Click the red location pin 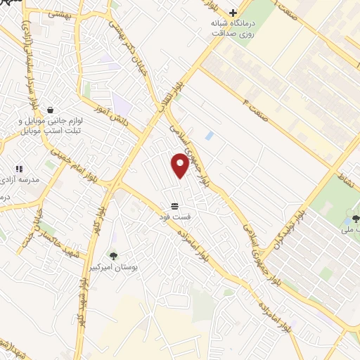click(x=180, y=165)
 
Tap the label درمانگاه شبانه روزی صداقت click(x=233, y=29)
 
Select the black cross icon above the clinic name click(x=233, y=12)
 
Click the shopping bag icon click(x=50, y=110)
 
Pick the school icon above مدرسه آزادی click(x=19, y=169)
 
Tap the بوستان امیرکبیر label click(x=112, y=268)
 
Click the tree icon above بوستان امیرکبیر click(x=112, y=256)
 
